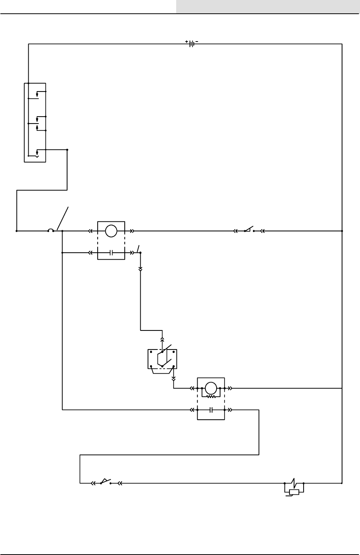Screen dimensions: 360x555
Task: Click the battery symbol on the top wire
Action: [x=192, y=43]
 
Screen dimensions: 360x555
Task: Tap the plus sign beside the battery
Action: [x=187, y=41]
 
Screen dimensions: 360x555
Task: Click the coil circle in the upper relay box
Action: [x=111, y=231]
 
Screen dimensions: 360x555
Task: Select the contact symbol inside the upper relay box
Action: [x=111, y=252]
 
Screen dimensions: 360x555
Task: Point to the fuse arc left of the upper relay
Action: [x=51, y=230]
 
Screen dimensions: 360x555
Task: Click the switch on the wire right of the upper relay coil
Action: [x=249, y=230]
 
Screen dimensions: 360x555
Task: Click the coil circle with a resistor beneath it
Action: [x=211, y=388]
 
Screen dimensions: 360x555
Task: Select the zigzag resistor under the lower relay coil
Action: [x=211, y=396]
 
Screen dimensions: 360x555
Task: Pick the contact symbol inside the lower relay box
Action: [x=211, y=410]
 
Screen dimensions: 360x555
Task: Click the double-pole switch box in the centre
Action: [x=162, y=359]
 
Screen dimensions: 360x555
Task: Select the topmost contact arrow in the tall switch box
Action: [x=37, y=93]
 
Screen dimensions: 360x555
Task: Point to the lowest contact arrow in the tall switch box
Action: [x=37, y=154]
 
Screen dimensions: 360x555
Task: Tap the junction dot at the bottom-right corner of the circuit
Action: [x=342, y=483]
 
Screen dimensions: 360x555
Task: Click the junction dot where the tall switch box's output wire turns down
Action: [x=67, y=150]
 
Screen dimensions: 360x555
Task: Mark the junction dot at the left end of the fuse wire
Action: [x=17, y=231]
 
